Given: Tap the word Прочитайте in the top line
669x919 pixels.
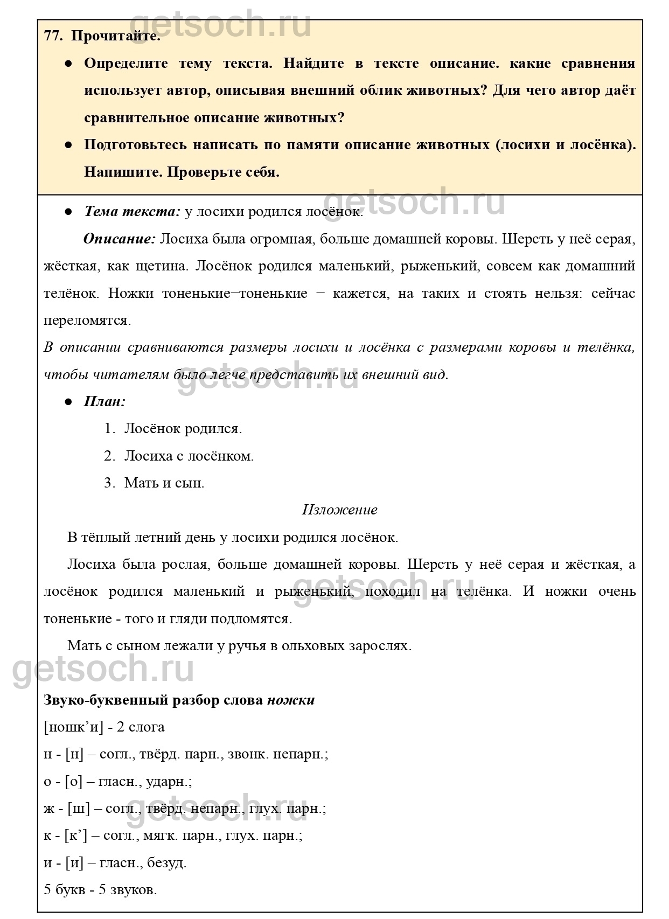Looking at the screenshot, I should click(115, 36).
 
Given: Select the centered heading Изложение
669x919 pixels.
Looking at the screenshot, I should click(339, 510).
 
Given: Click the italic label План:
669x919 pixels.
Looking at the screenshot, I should click(105, 401).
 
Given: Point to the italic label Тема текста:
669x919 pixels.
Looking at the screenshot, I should click(132, 212).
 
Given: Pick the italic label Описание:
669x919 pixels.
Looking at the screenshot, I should click(119, 239).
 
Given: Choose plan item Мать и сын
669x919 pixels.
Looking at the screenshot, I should click(164, 483).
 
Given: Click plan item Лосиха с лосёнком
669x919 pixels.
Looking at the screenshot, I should click(189, 456).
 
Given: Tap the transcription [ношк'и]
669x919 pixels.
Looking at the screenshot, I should click(73, 727).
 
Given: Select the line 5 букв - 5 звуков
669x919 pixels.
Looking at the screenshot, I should click(100, 889).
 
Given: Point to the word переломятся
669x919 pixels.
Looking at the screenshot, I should click(87, 321).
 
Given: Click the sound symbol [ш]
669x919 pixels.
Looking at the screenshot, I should click(78, 808).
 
